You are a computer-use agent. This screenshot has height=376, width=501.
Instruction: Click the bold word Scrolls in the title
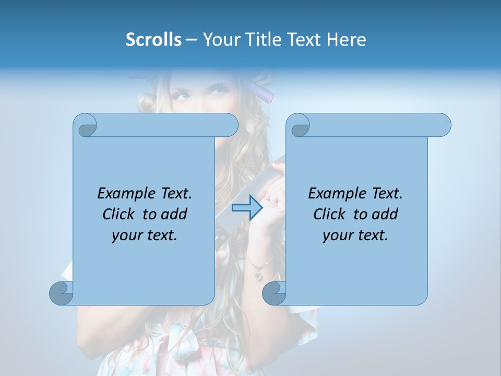[153, 40]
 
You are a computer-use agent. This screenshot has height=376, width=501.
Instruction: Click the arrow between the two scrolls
[247, 207]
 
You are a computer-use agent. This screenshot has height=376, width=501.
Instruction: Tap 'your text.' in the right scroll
[355, 236]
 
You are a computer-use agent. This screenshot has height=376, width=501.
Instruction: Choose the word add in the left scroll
[175, 215]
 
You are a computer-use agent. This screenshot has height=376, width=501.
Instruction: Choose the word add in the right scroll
[386, 215]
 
